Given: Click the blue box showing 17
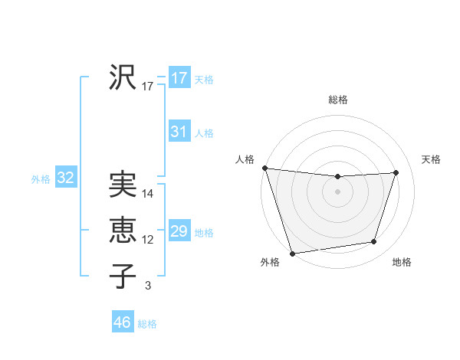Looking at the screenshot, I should click(x=179, y=78).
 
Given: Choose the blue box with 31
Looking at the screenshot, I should click(x=179, y=132).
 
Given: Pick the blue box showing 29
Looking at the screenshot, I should click(x=179, y=231).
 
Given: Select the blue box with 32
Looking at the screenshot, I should click(x=66, y=178).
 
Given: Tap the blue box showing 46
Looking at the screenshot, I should click(x=122, y=322).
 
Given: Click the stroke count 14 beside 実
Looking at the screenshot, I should click(x=148, y=194).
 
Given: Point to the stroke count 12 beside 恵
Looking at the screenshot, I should click(x=148, y=240).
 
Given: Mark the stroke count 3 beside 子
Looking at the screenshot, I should click(x=148, y=286).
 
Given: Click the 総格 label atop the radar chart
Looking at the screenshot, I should click(x=338, y=100).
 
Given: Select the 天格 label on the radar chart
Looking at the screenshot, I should click(x=432, y=159).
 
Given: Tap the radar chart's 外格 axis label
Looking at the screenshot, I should click(x=270, y=262).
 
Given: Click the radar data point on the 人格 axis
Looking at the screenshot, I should click(x=265, y=168).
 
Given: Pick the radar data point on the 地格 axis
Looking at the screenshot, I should click(x=374, y=242).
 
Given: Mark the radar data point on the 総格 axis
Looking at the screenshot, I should click(x=337, y=177).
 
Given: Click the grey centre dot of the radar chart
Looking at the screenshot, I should click(x=337, y=191).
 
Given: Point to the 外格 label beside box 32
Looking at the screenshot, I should click(x=41, y=179).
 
